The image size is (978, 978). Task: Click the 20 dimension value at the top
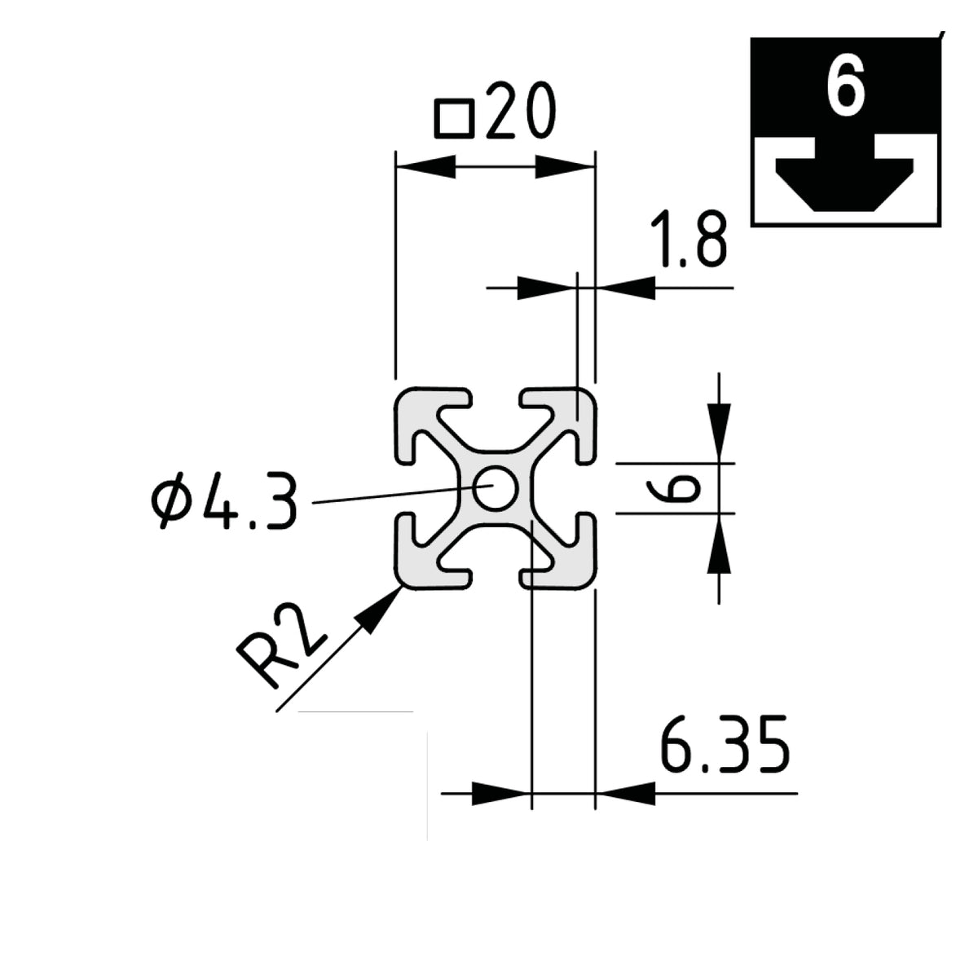pyautogui.click(x=521, y=110)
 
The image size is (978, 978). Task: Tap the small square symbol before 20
pyautogui.click(x=454, y=119)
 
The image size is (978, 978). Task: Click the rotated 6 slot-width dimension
pyautogui.click(x=673, y=488)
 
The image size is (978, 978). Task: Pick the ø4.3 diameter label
pyautogui.click(x=223, y=500)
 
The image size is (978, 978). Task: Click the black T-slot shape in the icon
pyautogui.click(x=844, y=175)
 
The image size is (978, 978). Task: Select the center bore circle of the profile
pyautogui.click(x=495, y=488)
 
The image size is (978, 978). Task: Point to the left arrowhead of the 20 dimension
pyautogui.click(x=425, y=166)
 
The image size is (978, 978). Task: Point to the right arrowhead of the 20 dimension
pyautogui.click(x=565, y=166)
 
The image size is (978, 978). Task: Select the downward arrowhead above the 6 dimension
pyautogui.click(x=719, y=433)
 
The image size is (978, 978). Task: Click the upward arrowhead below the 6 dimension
pyautogui.click(x=719, y=544)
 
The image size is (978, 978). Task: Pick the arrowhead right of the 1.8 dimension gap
pyautogui.click(x=625, y=288)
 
